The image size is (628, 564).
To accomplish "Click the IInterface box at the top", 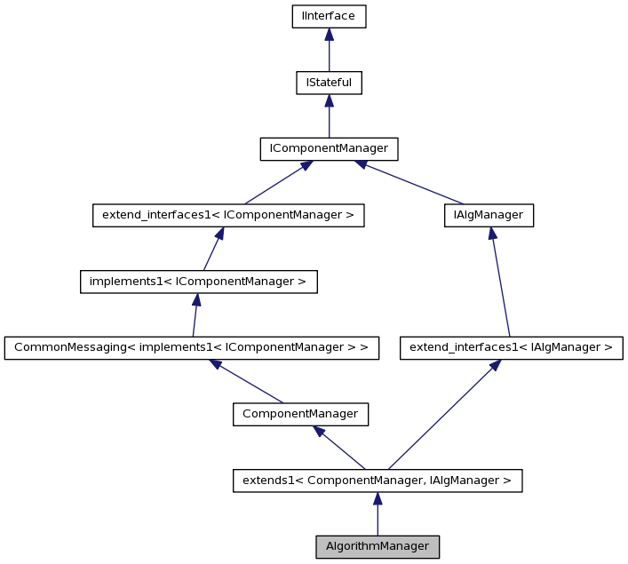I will coord(329,17).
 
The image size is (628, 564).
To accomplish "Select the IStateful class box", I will coord(329,83).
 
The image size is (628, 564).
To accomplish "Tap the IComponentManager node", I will coord(329,148).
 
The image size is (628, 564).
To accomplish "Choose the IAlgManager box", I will coord(488,215).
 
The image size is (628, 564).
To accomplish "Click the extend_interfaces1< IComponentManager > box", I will coord(228,215).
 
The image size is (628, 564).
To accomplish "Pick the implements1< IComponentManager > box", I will coord(198,282).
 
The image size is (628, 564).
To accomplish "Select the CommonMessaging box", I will coord(192,347).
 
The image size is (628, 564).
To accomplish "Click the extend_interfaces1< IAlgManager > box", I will coord(511,347).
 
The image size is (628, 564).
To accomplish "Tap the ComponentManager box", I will coord(300,414).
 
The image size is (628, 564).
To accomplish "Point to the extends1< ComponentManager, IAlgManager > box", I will coord(378,481).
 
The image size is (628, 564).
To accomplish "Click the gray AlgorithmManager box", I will coord(378,546).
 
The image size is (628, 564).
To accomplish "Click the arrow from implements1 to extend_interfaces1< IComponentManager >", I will coord(212,249).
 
